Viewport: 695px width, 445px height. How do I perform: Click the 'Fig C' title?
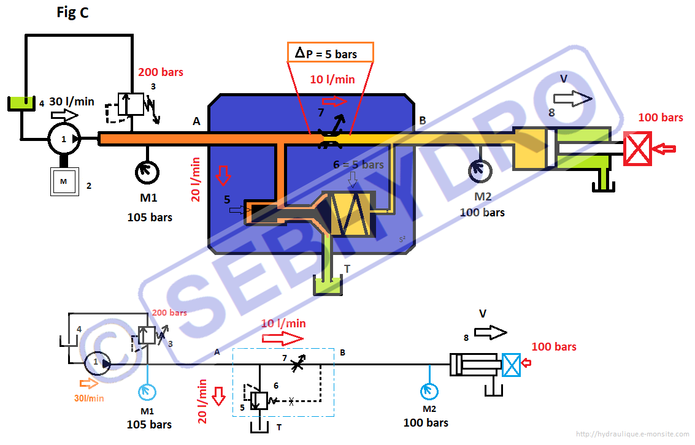point(72,13)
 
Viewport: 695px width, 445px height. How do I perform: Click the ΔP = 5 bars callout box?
point(331,53)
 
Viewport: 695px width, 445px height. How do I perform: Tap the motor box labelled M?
point(64,182)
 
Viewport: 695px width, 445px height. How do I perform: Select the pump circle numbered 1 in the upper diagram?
point(64,139)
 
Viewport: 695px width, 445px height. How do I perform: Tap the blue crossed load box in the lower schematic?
point(511,365)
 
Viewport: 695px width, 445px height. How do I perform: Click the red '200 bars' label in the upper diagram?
point(161,72)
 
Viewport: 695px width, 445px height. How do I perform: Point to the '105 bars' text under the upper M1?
point(150,217)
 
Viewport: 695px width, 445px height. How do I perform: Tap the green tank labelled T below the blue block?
point(328,286)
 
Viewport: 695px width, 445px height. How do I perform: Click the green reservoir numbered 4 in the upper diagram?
point(21,104)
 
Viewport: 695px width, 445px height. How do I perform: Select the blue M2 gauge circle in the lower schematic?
point(429,390)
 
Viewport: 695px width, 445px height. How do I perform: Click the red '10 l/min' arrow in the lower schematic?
point(283,339)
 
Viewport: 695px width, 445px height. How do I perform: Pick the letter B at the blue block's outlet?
point(422,120)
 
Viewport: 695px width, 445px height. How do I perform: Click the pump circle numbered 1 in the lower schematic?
point(96,363)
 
